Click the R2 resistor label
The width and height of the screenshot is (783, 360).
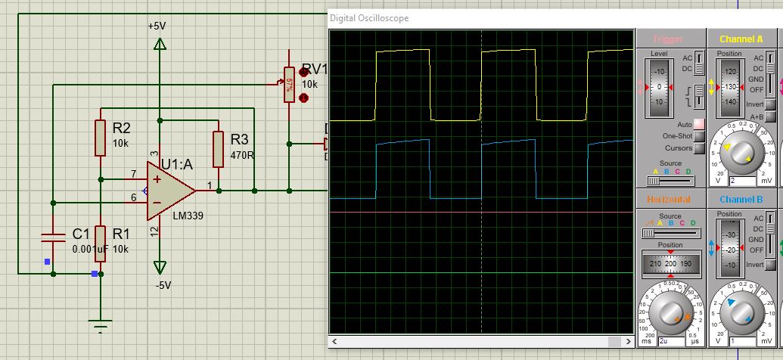[122, 127]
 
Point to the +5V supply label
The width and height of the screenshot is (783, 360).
[157, 26]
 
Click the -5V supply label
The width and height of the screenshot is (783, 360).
[163, 285]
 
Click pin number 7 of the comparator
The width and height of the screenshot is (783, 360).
[133, 174]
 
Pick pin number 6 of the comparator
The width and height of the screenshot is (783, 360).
[133, 197]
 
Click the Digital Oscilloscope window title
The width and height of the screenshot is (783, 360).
[369, 18]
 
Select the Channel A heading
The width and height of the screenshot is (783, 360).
[741, 39]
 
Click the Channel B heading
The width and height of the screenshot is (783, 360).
[741, 199]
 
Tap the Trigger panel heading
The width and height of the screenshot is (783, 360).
[668, 39]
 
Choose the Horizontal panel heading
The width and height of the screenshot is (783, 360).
[668, 199]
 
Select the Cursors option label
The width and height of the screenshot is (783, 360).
[679, 148]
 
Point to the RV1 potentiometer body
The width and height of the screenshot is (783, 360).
[288, 84]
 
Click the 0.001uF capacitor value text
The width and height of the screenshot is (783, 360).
[92, 249]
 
